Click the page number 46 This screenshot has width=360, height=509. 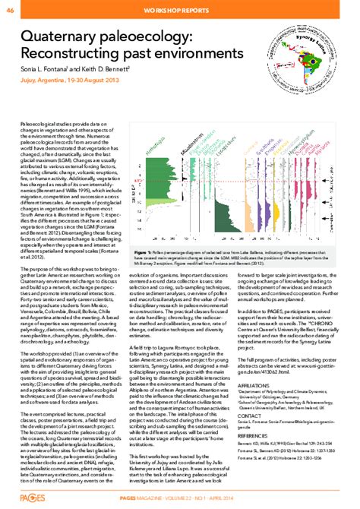point(9,8)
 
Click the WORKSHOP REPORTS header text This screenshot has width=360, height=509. point(180,9)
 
